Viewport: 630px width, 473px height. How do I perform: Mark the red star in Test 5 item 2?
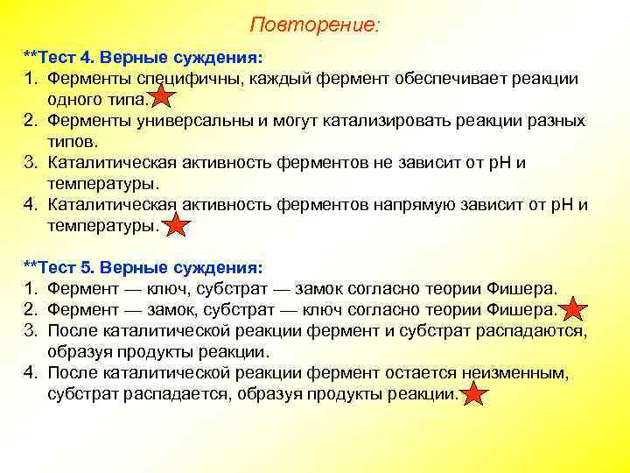tap(573, 309)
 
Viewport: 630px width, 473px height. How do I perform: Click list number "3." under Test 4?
tap(31, 162)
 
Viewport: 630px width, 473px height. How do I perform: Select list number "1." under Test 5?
tap(31, 288)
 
